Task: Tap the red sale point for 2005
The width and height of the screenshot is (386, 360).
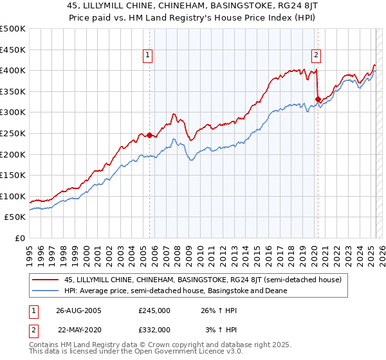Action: pos(150,135)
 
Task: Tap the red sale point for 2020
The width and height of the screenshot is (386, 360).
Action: pos(317,98)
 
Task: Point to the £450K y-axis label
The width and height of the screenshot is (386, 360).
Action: pos(13,50)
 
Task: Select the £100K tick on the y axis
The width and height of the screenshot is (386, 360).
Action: pos(13,196)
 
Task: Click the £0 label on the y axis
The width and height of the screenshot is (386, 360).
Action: pos(20,238)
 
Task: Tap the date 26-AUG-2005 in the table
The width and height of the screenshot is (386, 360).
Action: pos(78,310)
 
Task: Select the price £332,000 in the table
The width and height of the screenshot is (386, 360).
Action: pos(154,329)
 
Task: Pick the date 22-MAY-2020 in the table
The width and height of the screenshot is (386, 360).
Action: pos(80,329)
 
